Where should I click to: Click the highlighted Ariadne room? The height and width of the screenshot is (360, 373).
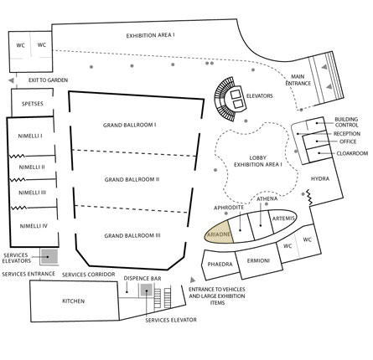coord(220,233)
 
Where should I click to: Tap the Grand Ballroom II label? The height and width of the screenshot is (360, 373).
coord(132,179)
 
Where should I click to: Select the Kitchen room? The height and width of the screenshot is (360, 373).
coord(75,301)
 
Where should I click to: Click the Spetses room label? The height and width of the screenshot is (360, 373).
coord(33,104)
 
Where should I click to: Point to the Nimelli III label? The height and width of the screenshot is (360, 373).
coord(33,193)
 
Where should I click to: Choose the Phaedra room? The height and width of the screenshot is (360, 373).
coord(220,265)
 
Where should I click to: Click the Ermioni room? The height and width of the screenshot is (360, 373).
coord(259,261)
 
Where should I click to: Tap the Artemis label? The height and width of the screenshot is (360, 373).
coord(283,219)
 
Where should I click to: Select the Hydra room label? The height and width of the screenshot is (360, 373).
coord(320,178)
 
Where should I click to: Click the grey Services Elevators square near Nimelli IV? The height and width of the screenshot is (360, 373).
coord(49,256)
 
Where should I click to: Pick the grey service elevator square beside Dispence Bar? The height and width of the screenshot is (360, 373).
coord(147,290)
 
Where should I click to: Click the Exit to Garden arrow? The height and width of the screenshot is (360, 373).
coord(11,80)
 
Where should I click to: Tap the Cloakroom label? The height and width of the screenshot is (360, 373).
coord(352,153)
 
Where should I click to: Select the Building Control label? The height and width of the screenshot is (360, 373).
coord(346,122)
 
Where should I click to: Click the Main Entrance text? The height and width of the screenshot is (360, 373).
coord(298,80)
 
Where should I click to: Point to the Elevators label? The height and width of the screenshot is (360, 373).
coord(259,96)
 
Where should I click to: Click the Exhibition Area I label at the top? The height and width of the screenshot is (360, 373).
coord(150,36)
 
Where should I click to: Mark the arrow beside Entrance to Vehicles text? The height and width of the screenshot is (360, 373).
coord(193,280)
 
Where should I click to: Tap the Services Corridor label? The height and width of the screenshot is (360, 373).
coord(88,275)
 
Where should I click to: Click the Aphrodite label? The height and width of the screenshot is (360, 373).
coord(229,208)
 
